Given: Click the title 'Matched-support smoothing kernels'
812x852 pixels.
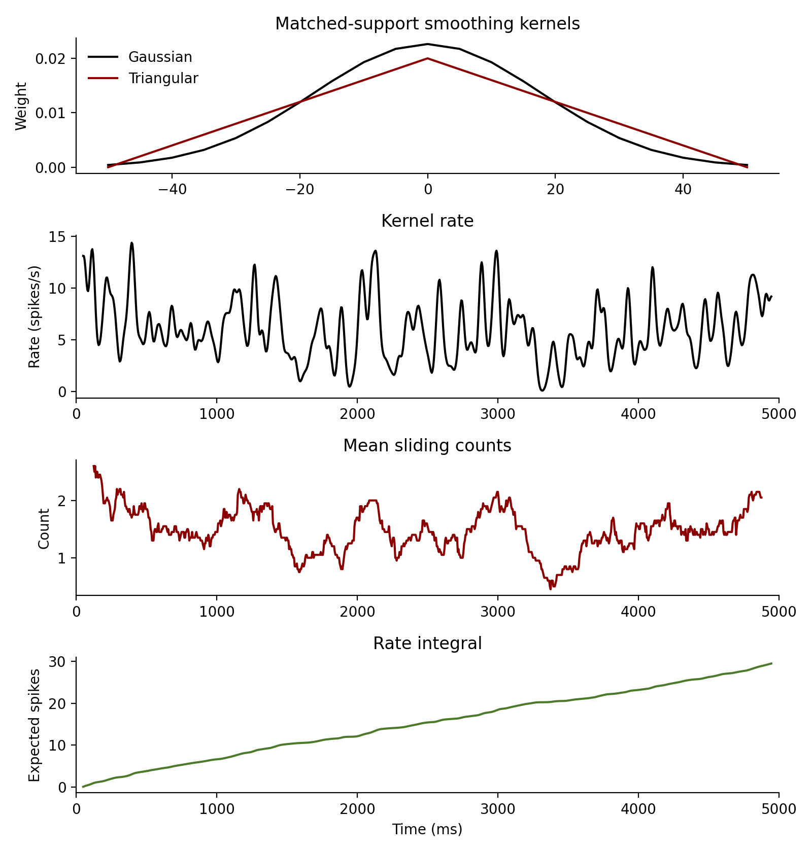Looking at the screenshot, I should pyautogui.click(x=427, y=24).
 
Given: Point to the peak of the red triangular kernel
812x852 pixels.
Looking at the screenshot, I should pyautogui.click(x=428, y=58).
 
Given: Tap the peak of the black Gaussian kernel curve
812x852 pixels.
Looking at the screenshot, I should pyautogui.click(x=428, y=44).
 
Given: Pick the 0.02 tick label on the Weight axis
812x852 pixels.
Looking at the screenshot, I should pyautogui.click(x=51, y=58).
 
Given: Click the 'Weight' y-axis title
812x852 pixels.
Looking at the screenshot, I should pyautogui.click(x=21, y=106).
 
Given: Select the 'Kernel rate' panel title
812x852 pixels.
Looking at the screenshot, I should pyautogui.click(x=427, y=221).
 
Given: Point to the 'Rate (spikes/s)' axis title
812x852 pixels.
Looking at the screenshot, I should pyautogui.click(x=34, y=316).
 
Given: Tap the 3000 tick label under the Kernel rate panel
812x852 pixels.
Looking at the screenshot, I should pyautogui.click(x=497, y=414).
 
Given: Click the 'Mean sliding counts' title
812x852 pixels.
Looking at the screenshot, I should pyautogui.click(x=427, y=445).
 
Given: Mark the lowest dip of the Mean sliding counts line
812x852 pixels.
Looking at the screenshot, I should pyautogui.click(x=551, y=588).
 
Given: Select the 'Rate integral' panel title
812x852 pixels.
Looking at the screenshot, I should pyautogui.click(x=427, y=643).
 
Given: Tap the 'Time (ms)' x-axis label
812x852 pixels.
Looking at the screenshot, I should pyautogui.click(x=427, y=829).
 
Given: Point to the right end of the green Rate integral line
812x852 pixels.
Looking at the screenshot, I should pyautogui.click(x=771, y=663).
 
